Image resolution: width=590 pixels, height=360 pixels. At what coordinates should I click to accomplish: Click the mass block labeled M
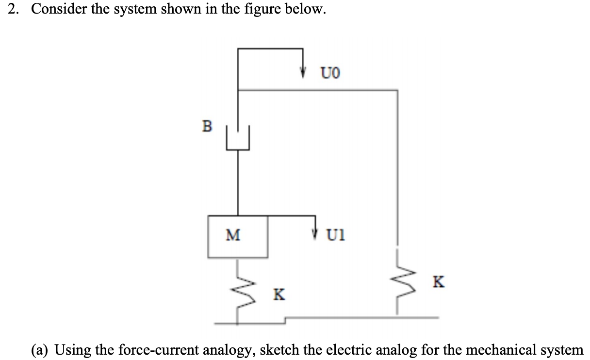point(237,236)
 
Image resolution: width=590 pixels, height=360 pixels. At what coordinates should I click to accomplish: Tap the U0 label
point(330,73)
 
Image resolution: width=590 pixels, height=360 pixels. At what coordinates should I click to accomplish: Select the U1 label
point(336,236)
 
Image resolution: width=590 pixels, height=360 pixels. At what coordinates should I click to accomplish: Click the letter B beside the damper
point(207,127)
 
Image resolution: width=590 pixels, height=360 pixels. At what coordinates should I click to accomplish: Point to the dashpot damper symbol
point(237,138)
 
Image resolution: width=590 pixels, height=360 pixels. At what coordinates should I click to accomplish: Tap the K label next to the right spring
point(438,282)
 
